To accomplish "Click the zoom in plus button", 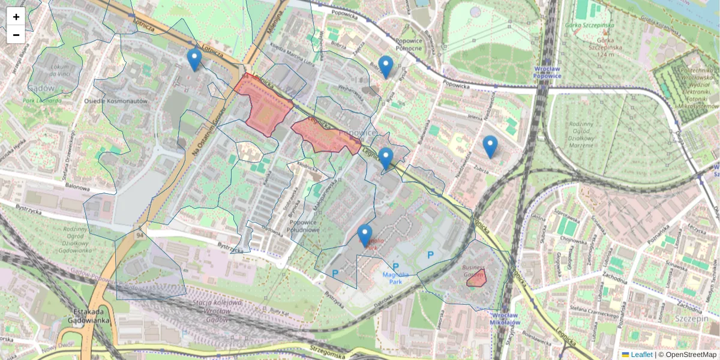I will (x=16, y=17).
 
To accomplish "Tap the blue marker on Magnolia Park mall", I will (x=365, y=235).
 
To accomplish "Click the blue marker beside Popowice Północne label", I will (x=386, y=66).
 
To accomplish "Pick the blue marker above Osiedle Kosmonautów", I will (x=194, y=59).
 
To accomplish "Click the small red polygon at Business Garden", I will (x=476, y=278).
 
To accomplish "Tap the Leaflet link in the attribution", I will (x=641, y=355).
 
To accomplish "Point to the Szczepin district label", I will (x=691, y=318).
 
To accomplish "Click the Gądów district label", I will (x=41, y=88).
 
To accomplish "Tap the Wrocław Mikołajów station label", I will (x=505, y=319).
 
